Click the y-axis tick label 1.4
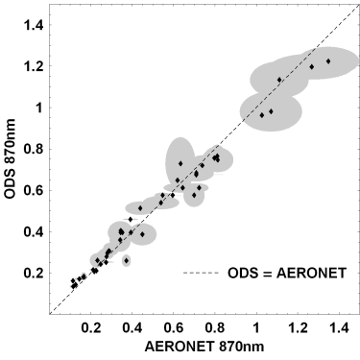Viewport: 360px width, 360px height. coord(33,25)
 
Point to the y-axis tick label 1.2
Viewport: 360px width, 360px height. coord(33,66)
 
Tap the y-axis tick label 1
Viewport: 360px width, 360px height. coord(39,108)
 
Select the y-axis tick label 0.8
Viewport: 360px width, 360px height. coord(33,149)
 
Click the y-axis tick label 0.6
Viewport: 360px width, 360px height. coord(33,190)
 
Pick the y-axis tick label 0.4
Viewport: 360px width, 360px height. coord(33,231)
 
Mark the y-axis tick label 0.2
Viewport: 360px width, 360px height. coord(33,273)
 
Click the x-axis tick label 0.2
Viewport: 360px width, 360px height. coord(91,329)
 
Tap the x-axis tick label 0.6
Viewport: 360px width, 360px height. coord(174,329)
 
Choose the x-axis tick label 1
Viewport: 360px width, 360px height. coord(256,329)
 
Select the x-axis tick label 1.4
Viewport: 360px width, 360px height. coord(339,329)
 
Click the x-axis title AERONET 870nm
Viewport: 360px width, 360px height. coord(204,348)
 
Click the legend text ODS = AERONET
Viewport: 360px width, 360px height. coord(287,273)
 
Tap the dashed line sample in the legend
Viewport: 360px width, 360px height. coord(201,273)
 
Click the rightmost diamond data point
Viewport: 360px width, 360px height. coord(328,61)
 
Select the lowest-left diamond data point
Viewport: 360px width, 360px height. coord(74,286)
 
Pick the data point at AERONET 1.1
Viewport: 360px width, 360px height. coord(279,80)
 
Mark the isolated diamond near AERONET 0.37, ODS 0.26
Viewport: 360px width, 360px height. coord(127,261)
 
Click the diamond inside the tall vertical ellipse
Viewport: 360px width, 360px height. coord(180,163)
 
